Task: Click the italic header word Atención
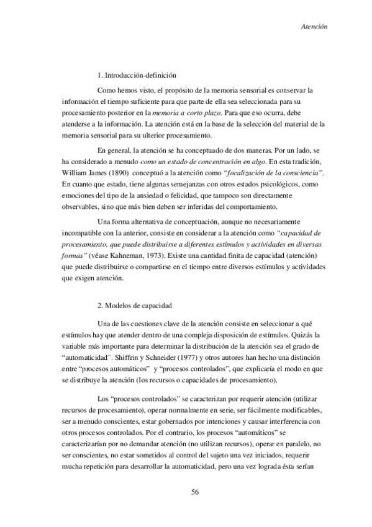point(314,27)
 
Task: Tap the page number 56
point(194,492)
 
